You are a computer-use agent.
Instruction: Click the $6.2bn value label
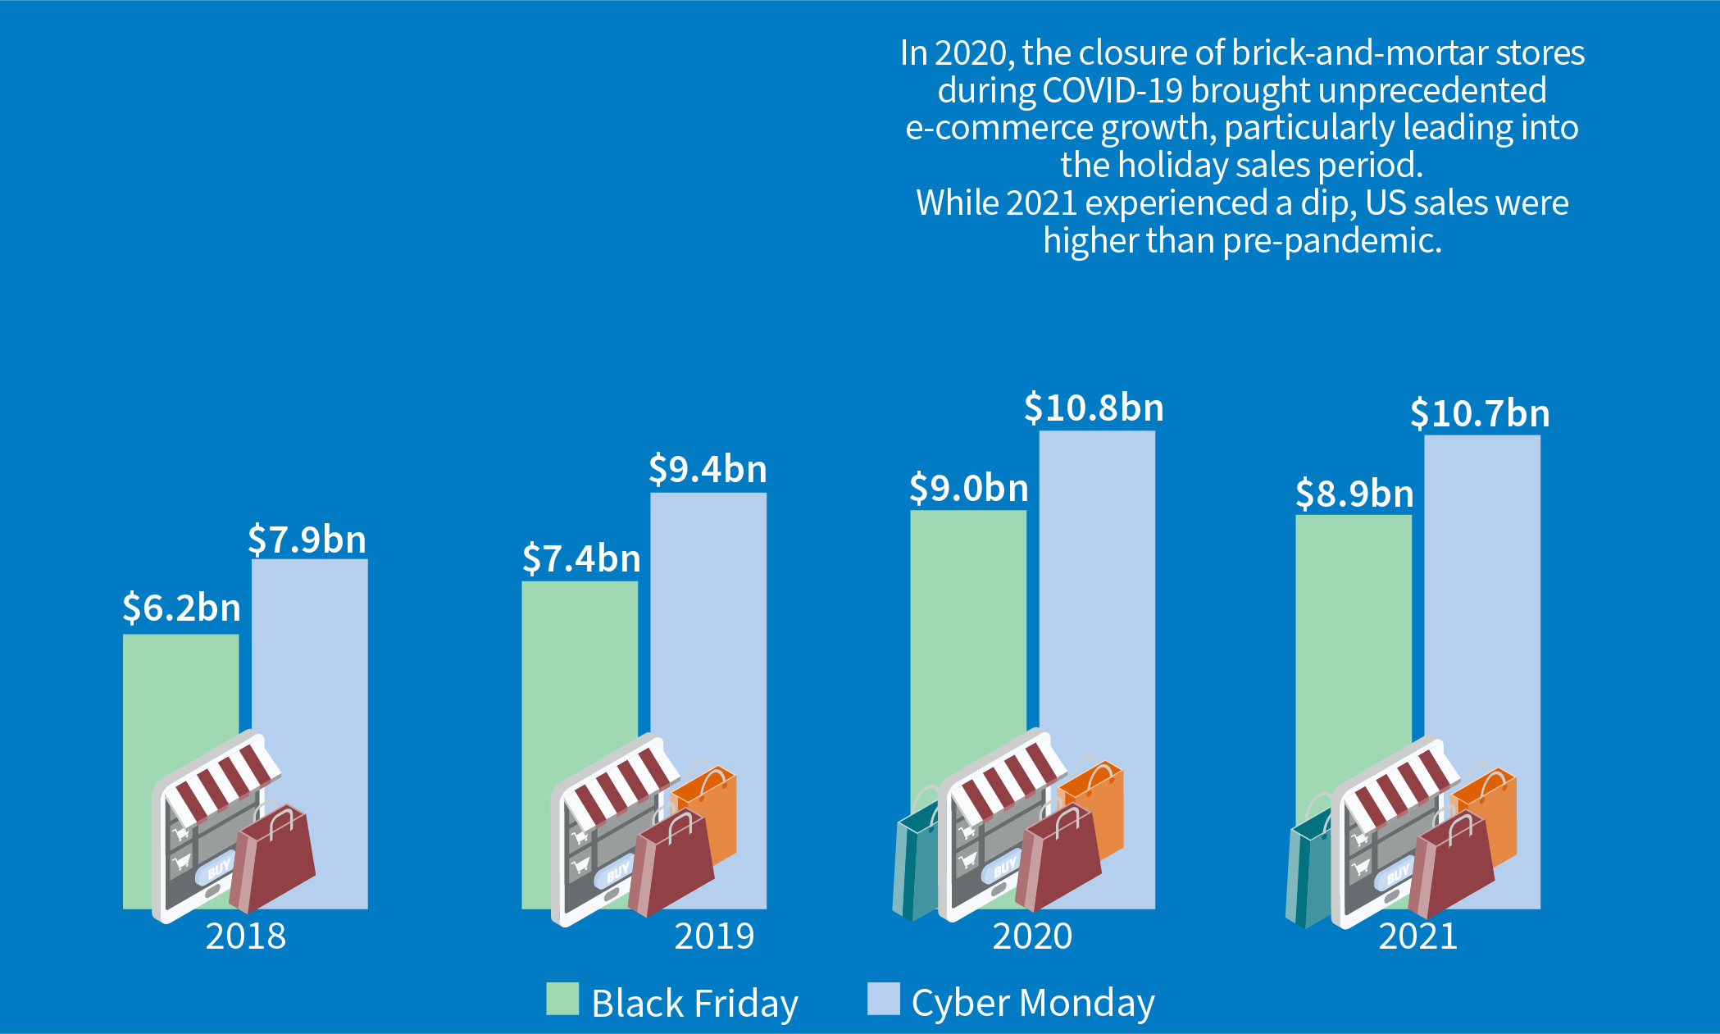click(x=181, y=608)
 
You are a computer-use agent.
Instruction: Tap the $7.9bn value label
click(x=307, y=540)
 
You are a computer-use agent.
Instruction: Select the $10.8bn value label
click(x=1094, y=408)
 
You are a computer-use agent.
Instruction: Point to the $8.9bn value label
click(x=1354, y=494)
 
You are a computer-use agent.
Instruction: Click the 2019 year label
click(x=714, y=936)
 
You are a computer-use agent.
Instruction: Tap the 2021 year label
click(x=1417, y=936)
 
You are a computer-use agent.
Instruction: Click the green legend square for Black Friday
click(x=562, y=999)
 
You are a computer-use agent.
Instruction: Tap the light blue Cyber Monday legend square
click(x=883, y=999)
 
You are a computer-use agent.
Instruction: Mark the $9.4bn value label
click(x=708, y=470)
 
